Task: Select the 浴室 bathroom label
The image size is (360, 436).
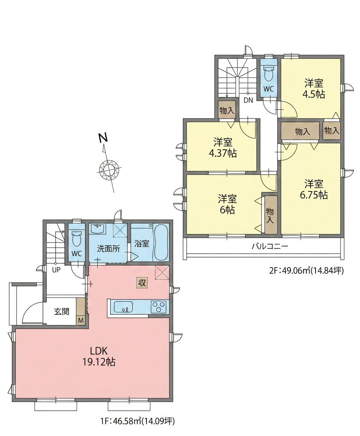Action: (x=142, y=244)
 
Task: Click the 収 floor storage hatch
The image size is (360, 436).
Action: (x=142, y=283)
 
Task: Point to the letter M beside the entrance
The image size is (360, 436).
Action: (x=81, y=320)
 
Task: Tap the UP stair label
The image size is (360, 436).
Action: (x=56, y=270)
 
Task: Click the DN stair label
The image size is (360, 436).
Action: (x=248, y=101)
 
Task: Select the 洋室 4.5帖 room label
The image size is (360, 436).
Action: (x=314, y=88)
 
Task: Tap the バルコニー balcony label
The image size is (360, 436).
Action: (x=270, y=246)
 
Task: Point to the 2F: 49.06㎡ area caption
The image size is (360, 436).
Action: (x=306, y=270)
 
